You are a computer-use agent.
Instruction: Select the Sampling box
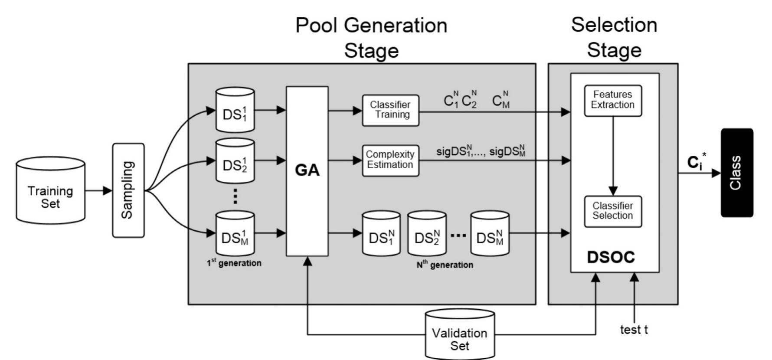coord(128,190)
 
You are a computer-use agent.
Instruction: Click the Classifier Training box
coord(390,110)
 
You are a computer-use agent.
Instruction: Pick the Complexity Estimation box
coord(390,160)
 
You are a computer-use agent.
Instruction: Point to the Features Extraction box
coord(612,100)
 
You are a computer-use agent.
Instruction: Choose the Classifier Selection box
coord(612,211)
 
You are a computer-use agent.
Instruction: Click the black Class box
coord(736,173)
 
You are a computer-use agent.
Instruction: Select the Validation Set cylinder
coord(460,335)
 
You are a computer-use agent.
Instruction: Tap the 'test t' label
coord(634,330)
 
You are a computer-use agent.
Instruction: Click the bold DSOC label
coord(611,257)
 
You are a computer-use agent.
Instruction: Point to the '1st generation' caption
coord(234,263)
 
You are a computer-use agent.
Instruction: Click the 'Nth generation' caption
coord(445,265)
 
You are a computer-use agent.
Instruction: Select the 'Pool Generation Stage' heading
coord(371,38)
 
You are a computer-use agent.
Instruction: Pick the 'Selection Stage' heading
coord(614,37)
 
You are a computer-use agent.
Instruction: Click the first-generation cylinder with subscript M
coord(235,234)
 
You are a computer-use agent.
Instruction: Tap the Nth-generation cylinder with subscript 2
coord(427,234)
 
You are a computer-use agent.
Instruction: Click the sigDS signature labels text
coord(481,152)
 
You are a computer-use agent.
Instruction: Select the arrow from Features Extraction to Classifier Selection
coord(613,156)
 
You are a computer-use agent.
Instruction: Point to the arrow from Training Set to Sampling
coord(98,190)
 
